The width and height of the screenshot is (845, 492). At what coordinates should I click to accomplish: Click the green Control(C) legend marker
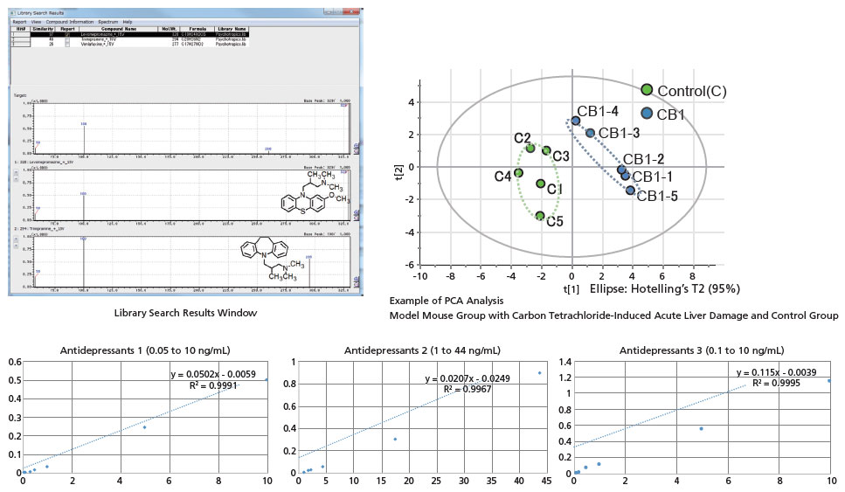[648, 90]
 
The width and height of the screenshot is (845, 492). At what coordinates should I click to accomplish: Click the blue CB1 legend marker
[648, 114]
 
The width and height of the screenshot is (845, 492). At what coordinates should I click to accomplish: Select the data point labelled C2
[530, 149]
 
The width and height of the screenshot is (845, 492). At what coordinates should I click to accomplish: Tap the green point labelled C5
[541, 216]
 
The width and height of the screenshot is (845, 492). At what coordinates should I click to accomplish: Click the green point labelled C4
[518, 173]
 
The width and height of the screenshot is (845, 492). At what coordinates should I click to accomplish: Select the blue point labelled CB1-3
[591, 134]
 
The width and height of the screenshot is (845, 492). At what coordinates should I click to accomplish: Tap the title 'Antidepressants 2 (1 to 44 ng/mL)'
[419, 351]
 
